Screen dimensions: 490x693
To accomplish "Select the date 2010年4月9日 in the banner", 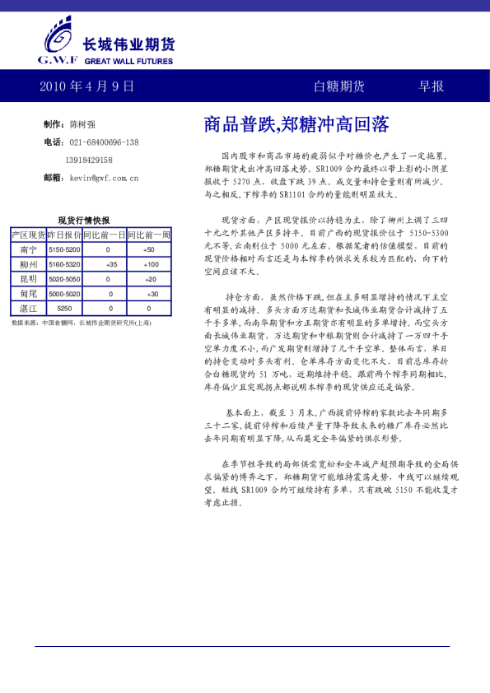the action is point(86,86).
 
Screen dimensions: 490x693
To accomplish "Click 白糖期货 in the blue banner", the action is point(339,86).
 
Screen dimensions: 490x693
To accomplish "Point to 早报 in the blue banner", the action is point(431,86).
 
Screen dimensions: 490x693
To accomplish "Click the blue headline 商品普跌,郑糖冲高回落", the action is point(296,124).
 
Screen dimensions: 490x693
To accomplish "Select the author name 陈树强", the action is point(82,124).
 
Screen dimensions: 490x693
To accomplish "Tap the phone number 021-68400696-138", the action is point(104,142).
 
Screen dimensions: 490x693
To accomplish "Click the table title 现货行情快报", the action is point(84,220).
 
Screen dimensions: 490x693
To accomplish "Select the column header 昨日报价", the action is point(64,235).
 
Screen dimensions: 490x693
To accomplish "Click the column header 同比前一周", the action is point(149,235).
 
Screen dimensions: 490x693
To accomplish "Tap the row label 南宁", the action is point(28,249).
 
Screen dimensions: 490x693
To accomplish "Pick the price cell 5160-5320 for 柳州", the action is point(64,264).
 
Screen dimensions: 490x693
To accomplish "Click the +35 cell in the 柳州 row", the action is point(111,264).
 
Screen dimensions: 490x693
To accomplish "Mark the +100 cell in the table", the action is point(151,264).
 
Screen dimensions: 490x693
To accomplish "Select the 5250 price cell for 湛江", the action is point(64,308).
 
